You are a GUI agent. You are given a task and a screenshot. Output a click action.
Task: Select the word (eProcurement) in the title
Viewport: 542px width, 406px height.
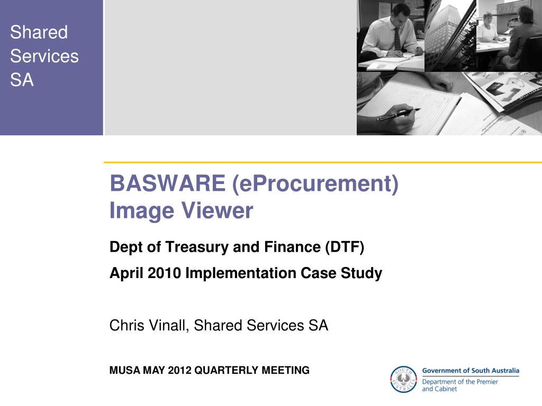coord(314,184)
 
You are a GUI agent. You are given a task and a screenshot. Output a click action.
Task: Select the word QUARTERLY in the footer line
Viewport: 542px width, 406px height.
coord(227,371)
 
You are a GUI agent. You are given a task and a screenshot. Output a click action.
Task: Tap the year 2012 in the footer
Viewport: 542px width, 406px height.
coord(180,371)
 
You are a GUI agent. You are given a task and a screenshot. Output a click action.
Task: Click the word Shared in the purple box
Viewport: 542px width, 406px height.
coord(39,32)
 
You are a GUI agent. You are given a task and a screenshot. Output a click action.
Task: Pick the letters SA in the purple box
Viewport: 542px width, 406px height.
coord(22,80)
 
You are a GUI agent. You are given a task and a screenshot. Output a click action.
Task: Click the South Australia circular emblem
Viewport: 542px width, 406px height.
coord(403,380)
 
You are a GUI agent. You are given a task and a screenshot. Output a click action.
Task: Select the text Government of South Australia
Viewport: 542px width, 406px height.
coord(470,371)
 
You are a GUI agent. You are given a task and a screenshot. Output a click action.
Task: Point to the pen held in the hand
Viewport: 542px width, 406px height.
coord(397,114)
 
